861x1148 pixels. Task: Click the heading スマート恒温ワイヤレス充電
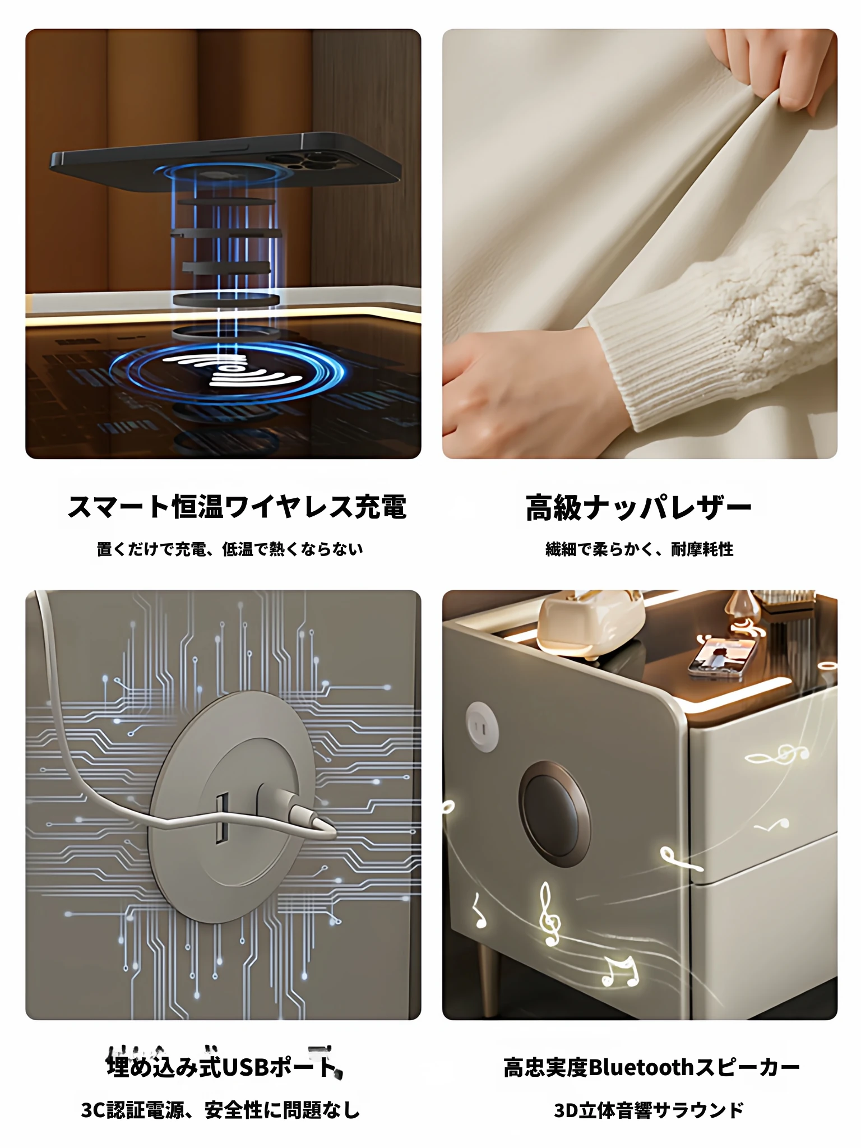237,507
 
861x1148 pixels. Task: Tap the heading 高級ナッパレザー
639,508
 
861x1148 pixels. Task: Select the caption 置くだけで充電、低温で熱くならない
230,549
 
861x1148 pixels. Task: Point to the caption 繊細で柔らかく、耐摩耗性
640,549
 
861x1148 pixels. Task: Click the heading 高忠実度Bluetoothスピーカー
651,1067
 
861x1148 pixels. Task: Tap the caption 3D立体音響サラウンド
649,1110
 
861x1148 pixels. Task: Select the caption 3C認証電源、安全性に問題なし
221,1110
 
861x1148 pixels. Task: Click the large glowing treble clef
548,915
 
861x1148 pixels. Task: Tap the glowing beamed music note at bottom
620,971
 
